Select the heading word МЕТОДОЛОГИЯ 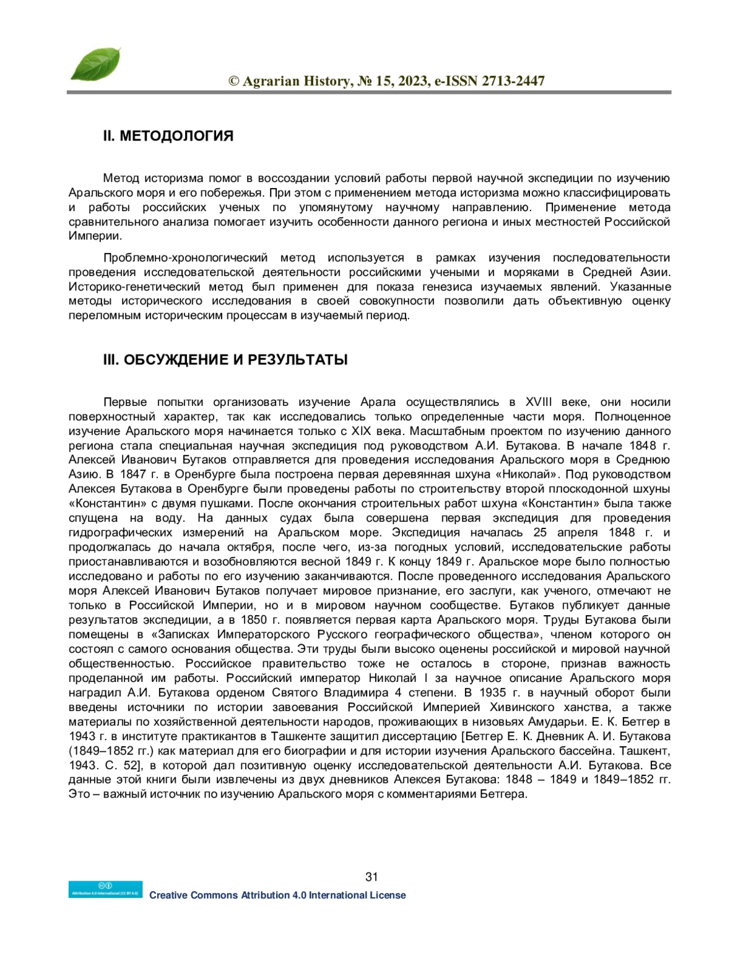pyautogui.click(x=176, y=136)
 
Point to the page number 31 pyautogui.click(x=371, y=876)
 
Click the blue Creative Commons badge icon pyautogui.click(x=105, y=889)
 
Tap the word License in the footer pyautogui.click(x=388, y=895)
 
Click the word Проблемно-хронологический pyautogui.click(x=185, y=258)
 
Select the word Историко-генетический pyautogui.click(x=134, y=287)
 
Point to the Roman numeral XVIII pyautogui.click(x=538, y=403)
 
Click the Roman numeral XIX pyautogui.click(x=362, y=431)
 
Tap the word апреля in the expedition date pyautogui.click(x=580, y=533)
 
